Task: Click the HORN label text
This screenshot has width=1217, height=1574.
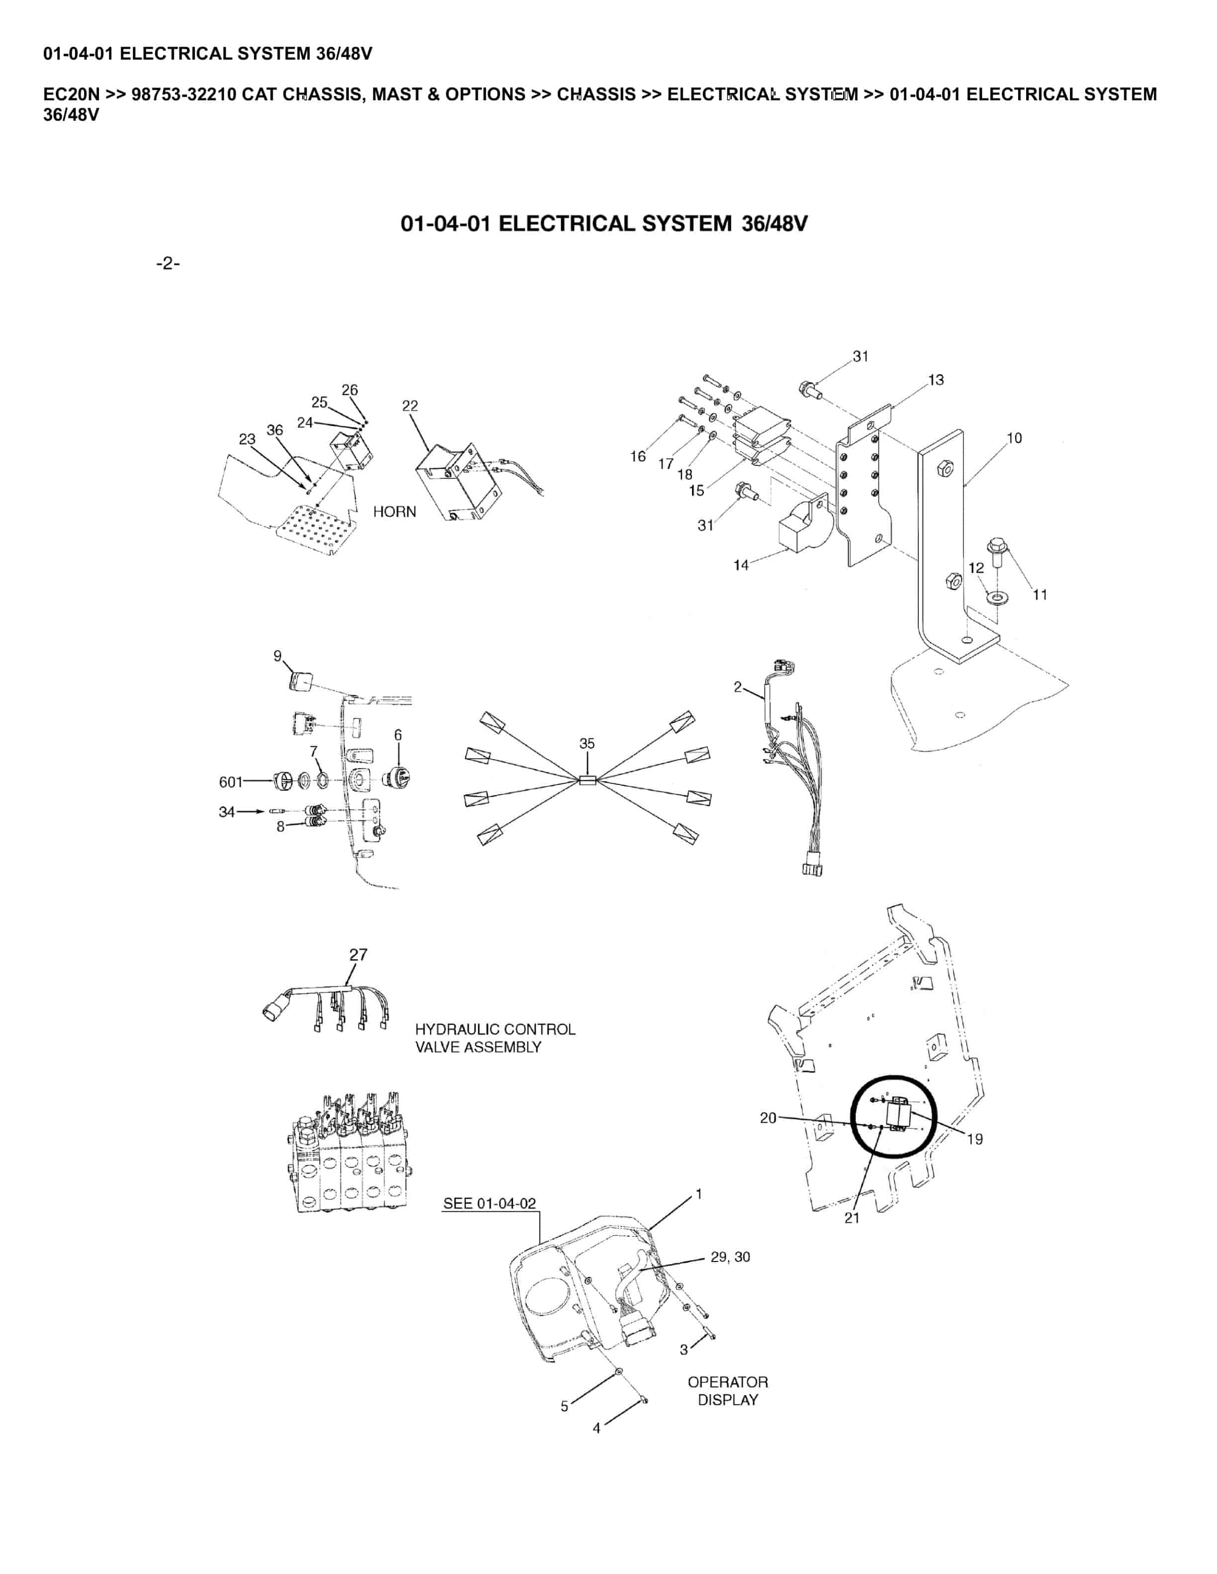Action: click(394, 512)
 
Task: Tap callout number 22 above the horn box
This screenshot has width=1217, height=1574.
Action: click(410, 406)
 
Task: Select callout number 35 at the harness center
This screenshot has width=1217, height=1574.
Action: click(587, 743)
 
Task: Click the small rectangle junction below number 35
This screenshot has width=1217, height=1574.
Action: click(587, 779)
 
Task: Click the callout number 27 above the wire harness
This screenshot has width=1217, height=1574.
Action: click(358, 954)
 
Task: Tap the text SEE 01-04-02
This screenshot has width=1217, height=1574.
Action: click(490, 1203)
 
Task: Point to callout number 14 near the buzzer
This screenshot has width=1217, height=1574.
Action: click(741, 565)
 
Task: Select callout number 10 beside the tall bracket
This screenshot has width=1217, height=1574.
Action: click(1014, 438)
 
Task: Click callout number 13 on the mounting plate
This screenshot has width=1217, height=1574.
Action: click(936, 380)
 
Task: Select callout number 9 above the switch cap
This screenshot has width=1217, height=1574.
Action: click(277, 655)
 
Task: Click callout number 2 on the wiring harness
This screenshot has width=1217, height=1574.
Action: click(738, 687)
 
